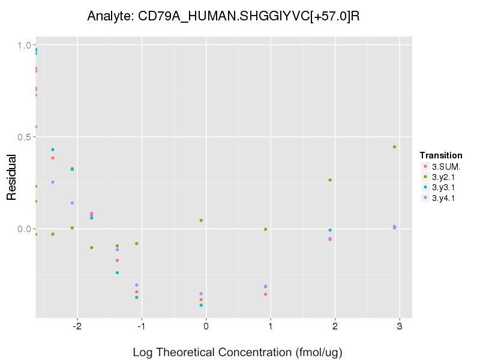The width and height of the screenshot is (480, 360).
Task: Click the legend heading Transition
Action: (x=441, y=155)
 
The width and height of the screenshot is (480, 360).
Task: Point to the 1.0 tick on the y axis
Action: (x=25, y=45)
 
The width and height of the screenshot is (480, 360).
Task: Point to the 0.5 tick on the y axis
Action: (x=25, y=137)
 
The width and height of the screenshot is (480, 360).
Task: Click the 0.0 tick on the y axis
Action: (x=25, y=229)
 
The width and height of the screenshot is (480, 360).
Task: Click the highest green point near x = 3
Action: (x=394, y=147)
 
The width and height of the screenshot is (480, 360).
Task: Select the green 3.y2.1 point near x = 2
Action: (x=330, y=180)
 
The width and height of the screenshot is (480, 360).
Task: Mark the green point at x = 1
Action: (x=265, y=229)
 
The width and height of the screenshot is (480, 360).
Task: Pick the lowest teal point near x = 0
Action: (x=201, y=305)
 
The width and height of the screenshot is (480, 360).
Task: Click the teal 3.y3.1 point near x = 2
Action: (x=330, y=230)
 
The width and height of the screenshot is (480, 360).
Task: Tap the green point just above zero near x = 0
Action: (x=201, y=220)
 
